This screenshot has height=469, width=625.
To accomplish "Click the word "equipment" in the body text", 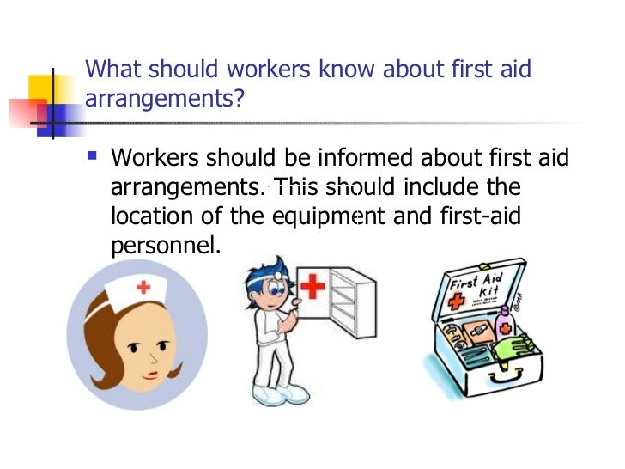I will (317, 216).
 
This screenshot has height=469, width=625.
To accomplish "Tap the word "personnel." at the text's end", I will (166, 245).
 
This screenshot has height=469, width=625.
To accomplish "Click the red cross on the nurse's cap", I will (143, 287).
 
